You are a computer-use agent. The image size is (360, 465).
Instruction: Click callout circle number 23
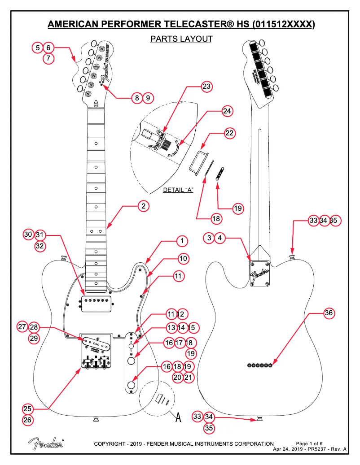(x=206, y=87)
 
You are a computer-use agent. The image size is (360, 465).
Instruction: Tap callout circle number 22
(x=230, y=133)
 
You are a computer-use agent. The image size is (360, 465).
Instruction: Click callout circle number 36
(x=329, y=313)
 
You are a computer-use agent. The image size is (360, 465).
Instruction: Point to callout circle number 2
(x=143, y=206)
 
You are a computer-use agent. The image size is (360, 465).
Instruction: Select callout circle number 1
(x=182, y=241)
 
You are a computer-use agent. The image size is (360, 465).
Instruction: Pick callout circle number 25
(x=28, y=409)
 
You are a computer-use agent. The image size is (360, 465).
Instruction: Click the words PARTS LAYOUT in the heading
(x=181, y=39)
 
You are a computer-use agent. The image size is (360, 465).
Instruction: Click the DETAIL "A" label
(x=178, y=190)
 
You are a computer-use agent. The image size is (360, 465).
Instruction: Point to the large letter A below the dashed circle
(x=178, y=417)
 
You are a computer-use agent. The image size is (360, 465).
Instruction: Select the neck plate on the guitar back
(x=260, y=273)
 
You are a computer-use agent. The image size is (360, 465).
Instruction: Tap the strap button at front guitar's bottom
(x=96, y=419)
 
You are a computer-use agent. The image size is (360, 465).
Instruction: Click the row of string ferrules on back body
(x=260, y=366)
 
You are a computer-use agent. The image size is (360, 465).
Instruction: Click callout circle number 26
(x=28, y=421)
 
